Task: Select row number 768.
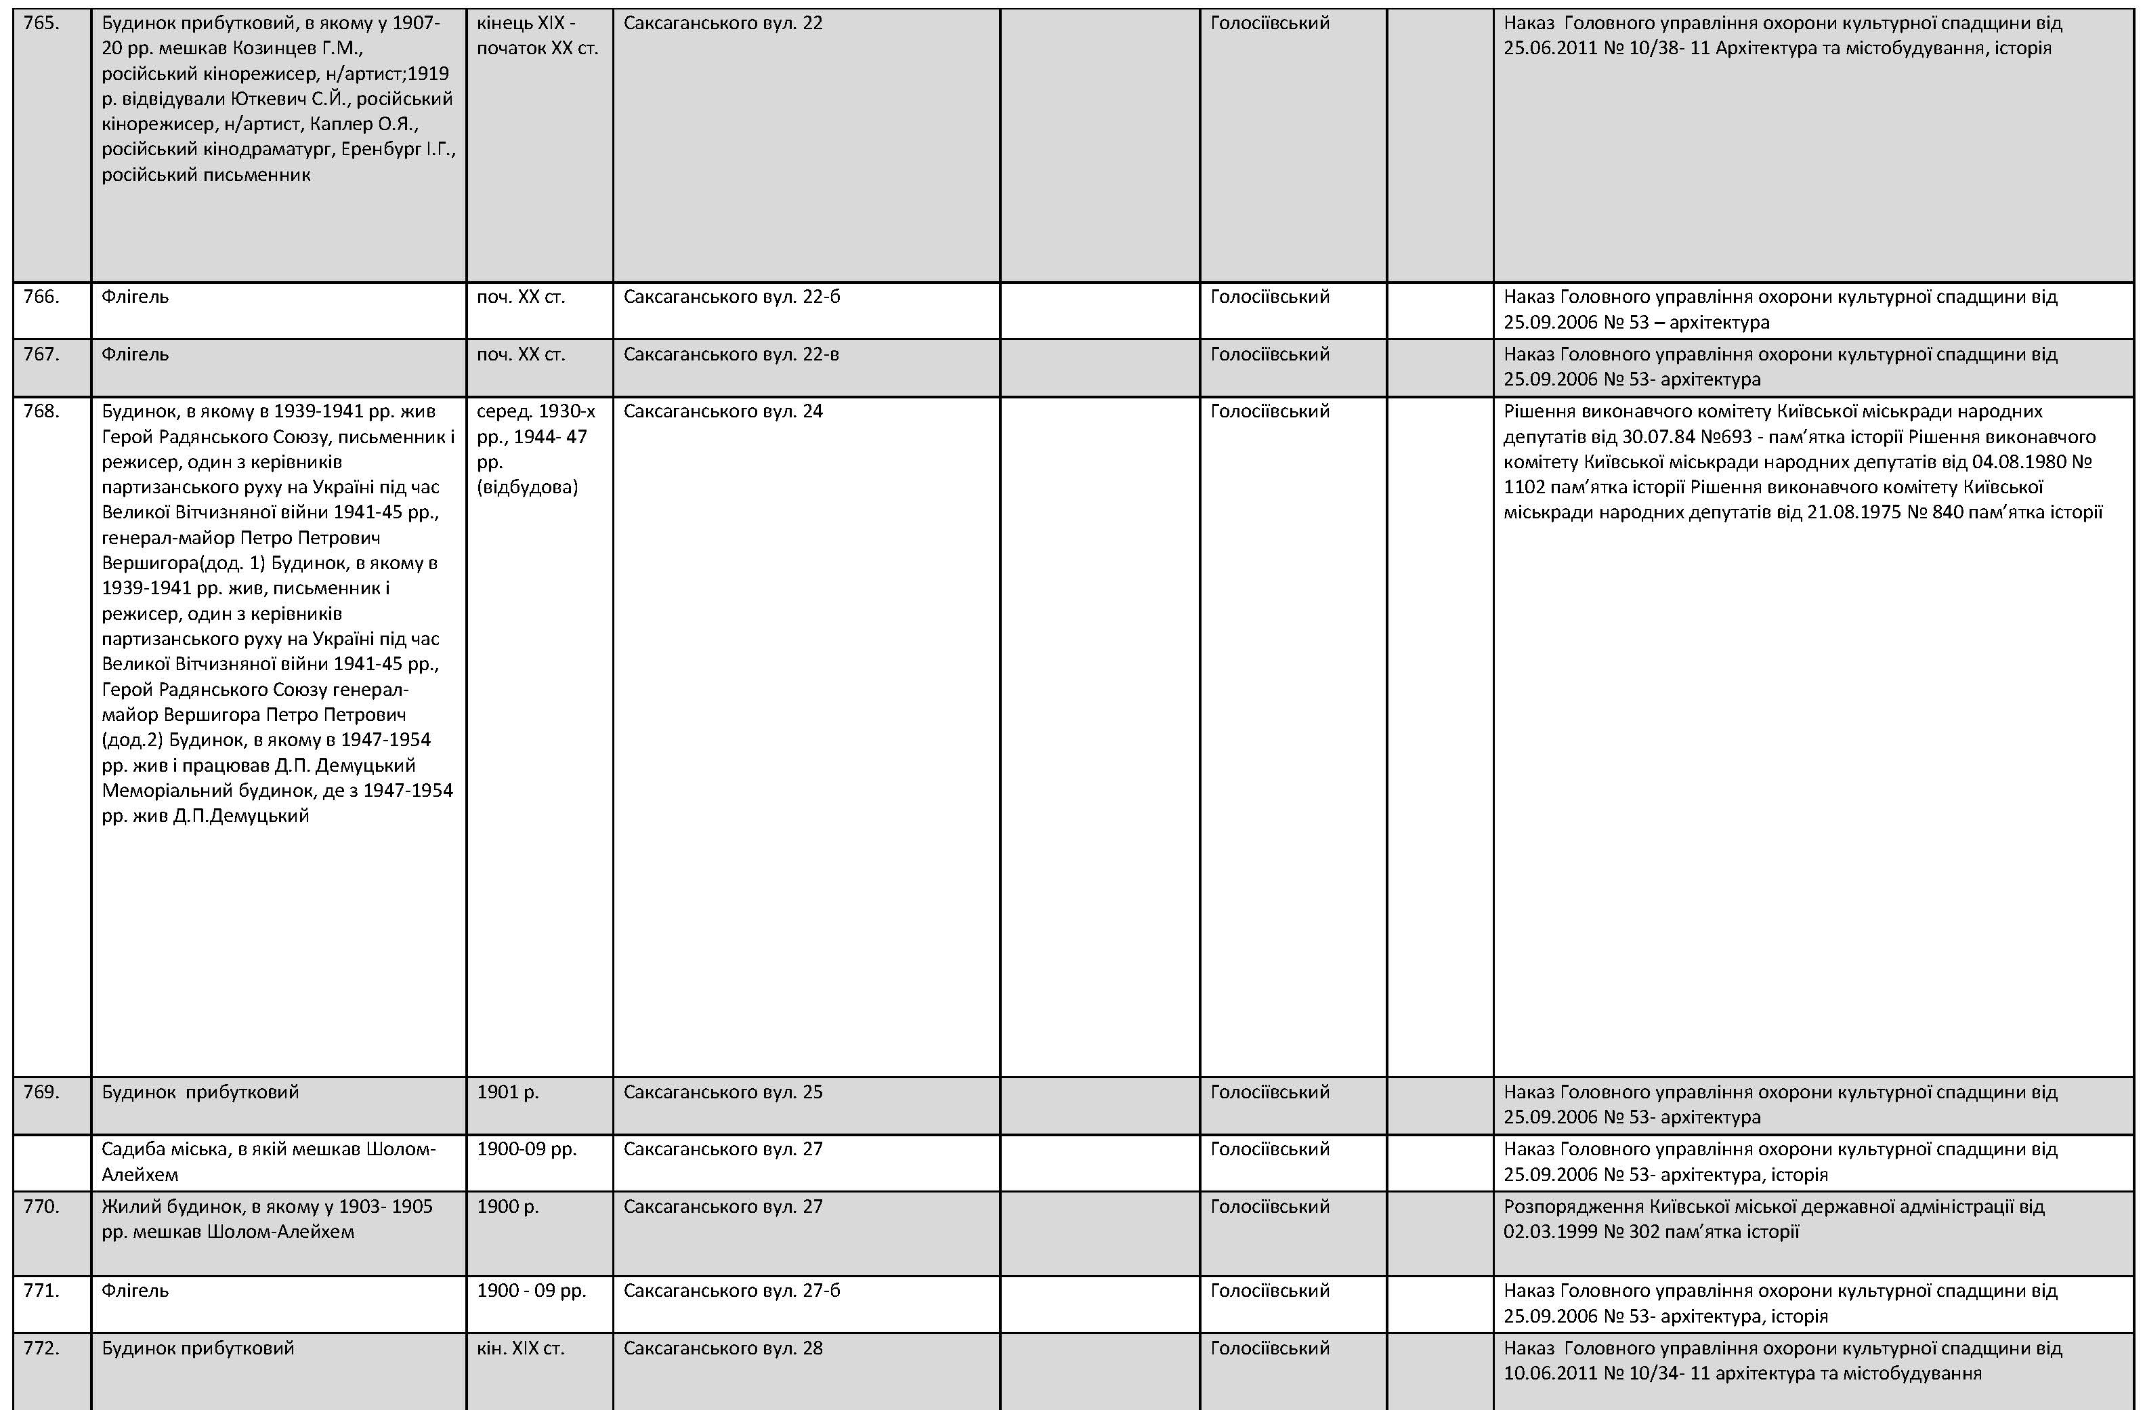click(41, 412)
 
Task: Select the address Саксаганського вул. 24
click(722, 412)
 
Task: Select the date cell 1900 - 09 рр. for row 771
click(531, 1291)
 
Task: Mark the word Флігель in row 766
click(135, 297)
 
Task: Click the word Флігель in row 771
click(135, 1291)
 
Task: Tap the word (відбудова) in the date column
click(526, 488)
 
